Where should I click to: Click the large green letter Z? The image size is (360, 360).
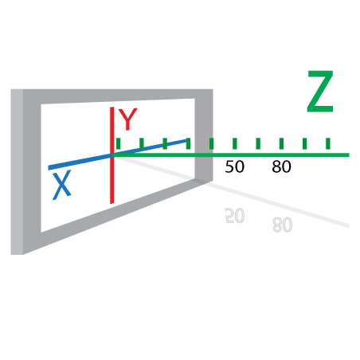click(x=320, y=92)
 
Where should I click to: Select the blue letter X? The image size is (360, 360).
click(x=62, y=185)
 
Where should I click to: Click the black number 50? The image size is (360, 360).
click(x=234, y=166)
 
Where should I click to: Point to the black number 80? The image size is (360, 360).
click(x=281, y=166)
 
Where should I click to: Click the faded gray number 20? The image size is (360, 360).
click(x=235, y=216)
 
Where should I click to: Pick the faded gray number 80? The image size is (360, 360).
click(x=283, y=225)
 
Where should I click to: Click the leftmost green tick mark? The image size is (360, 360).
click(x=119, y=143)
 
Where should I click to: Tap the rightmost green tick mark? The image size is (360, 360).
click(x=328, y=143)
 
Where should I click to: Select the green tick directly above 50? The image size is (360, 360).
click(x=235, y=143)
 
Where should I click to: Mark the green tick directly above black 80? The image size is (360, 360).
click(x=281, y=143)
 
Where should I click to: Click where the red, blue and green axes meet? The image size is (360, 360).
click(x=112, y=155)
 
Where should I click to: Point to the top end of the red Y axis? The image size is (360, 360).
click(x=112, y=108)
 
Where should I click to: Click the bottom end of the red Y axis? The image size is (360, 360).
click(x=112, y=203)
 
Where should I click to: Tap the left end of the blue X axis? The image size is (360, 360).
click(x=49, y=168)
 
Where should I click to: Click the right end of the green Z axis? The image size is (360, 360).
click(x=349, y=155)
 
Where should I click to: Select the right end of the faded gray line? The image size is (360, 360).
click(x=349, y=225)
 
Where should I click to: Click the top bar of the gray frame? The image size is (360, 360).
click(x=117, y=96)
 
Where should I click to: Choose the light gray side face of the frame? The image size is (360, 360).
click(x=17, y=172)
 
